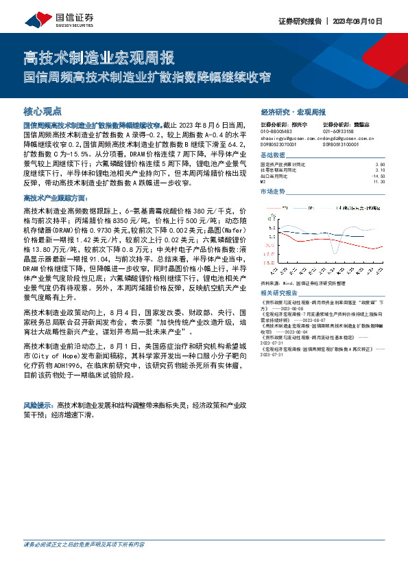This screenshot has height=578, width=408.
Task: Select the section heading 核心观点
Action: pos(42,111)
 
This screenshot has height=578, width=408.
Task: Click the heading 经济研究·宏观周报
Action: pos(293,111)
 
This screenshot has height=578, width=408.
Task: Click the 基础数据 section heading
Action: pos(274,155)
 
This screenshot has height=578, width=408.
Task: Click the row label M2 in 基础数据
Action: pos(263,182)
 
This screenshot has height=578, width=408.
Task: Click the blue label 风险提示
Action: pos(38,406)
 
